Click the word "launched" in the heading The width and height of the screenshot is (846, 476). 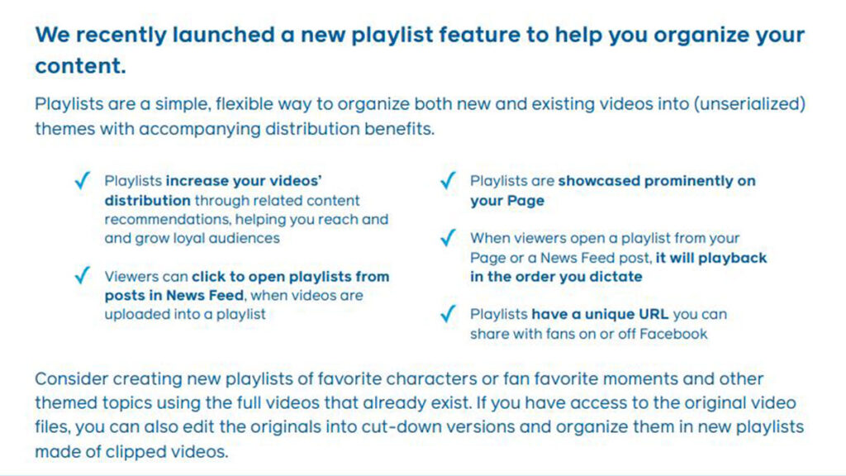tap(223, 35)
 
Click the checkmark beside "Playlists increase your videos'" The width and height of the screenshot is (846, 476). tap(83, 180)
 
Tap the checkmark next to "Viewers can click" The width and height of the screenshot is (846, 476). tap(83, 275)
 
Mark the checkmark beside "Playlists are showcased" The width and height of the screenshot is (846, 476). tap(449, 180)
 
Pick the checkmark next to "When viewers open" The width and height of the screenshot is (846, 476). tap(449, 237)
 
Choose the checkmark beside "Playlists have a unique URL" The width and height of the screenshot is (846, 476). tap(449, 313)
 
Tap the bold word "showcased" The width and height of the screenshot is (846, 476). tap(599, 181)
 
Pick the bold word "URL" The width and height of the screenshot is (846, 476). tap(654, 314)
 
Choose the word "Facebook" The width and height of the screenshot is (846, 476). tap(673, 334)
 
